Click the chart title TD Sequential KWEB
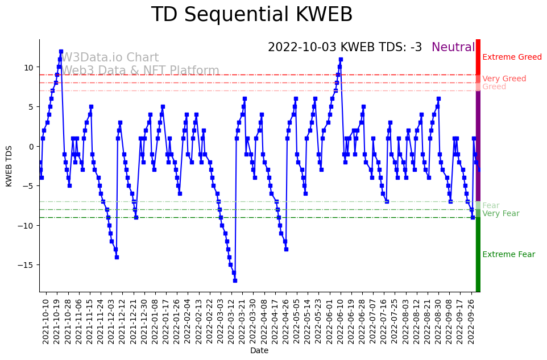click(251, 15)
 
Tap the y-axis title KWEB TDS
click(9, 165)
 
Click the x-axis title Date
click(259, 351)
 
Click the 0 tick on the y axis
click(32, 146)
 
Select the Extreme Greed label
click(512, 57)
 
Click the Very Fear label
click(500, 214)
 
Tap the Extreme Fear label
click(508, 255)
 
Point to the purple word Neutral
click(453, 48)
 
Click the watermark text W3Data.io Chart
click(110, 58)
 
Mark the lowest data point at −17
click(234, 280)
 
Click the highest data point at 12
click(61, 52)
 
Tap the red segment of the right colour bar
click(478, 63)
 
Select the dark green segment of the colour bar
click(478, 256)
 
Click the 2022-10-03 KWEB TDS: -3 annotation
click(345, 48)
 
